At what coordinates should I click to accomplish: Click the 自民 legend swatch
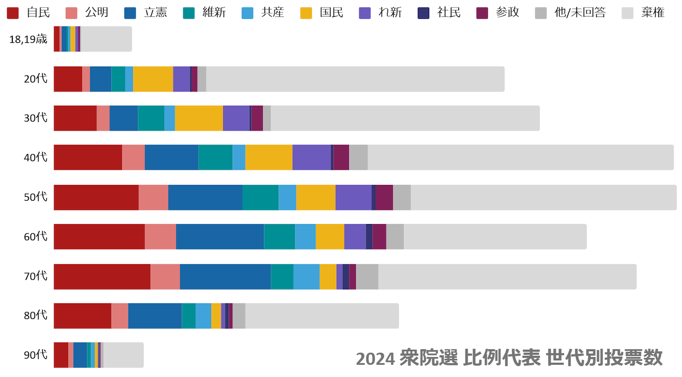(x=13, y=13)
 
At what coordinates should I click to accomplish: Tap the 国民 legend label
(x=331, y=13)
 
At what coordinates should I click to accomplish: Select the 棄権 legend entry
(x=643, y=13)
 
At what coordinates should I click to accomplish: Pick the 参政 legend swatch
(x=482, y=13)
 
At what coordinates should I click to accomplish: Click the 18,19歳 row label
(x=28, y=39)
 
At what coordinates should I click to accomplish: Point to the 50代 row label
(x=36, y=197)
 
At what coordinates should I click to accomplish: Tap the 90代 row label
(x=36, y=355)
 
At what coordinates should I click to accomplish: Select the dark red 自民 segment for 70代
(x=102, y=277)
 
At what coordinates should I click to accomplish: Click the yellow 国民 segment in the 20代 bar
(x=153, y=79)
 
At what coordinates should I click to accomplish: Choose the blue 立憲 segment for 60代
(x=220, y=237)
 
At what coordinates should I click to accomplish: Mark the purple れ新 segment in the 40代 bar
(x=311, y=157)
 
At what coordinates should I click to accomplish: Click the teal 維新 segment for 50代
(x=260, y=197)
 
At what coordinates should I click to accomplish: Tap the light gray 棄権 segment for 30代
(x=405, y=118)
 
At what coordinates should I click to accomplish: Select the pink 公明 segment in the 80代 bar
(x=120, y=316)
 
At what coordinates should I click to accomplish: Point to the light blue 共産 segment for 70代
(x=307, y=277)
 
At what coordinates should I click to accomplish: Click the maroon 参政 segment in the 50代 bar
(x=384, y=197)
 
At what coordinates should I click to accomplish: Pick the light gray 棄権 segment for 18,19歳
(x=106, y=39)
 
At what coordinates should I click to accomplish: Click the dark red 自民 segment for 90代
(x=61, y=355)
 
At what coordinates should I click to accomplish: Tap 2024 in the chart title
(x=375, y=359)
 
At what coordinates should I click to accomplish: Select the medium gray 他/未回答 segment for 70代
(x=367, y=277)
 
